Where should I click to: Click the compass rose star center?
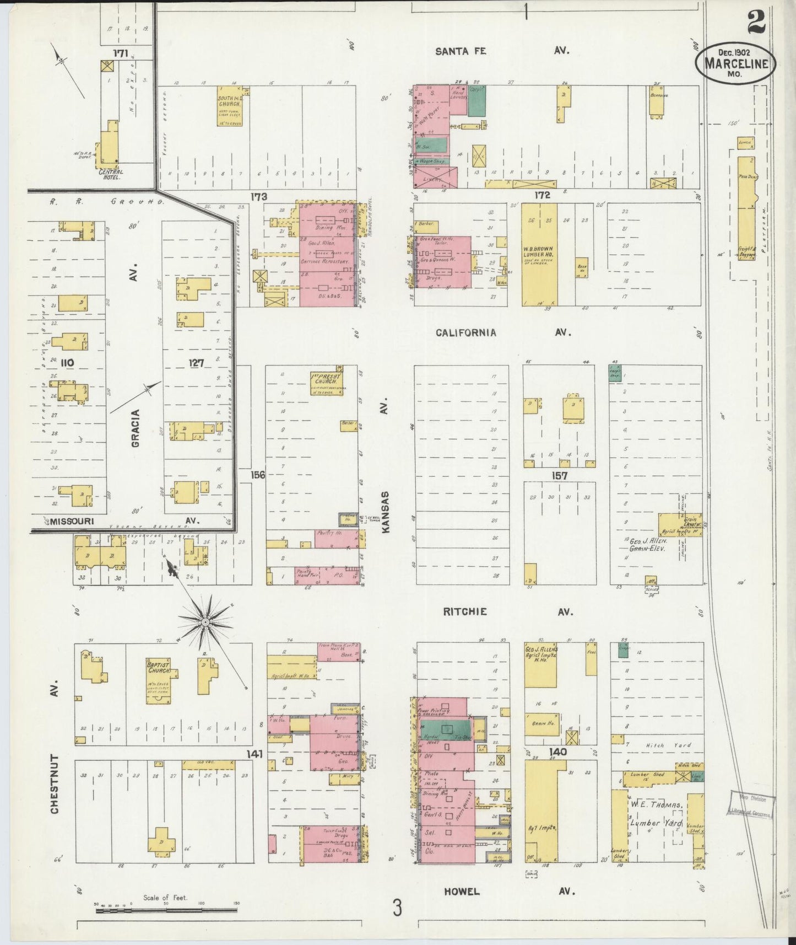204,622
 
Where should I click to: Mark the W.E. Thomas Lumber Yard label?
657,813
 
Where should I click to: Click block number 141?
254,753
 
